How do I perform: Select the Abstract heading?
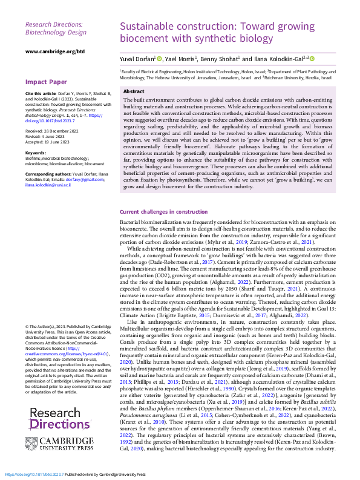(x=134, y=91)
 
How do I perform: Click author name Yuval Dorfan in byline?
(x=136, y=59)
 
